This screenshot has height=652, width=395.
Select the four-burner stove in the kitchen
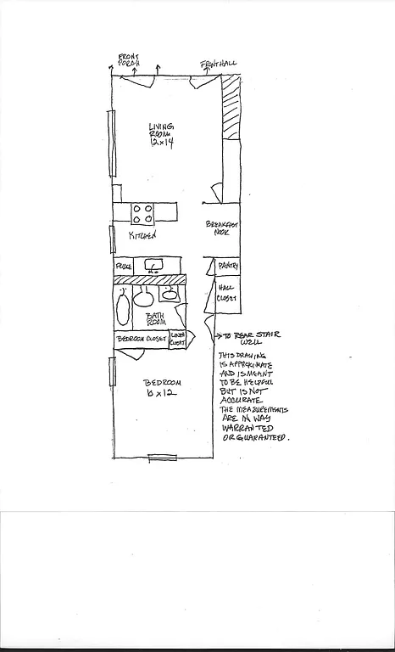point(142,211)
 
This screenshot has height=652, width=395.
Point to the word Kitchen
point(142,235)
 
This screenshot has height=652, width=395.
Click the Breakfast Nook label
point(223,228)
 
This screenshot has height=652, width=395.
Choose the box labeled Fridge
point(124,267)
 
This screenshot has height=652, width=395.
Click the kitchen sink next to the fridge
point(154,267)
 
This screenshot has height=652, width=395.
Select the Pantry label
point(228,267)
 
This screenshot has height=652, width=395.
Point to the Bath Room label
point(153,318)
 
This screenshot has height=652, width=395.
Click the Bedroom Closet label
point(142,338)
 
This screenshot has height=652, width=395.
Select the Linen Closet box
point(178,338)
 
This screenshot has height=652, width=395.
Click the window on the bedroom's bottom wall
point(162,458)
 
